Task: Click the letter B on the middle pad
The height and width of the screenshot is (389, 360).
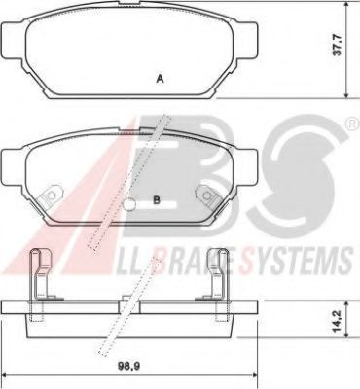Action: (x=157, y=201)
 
